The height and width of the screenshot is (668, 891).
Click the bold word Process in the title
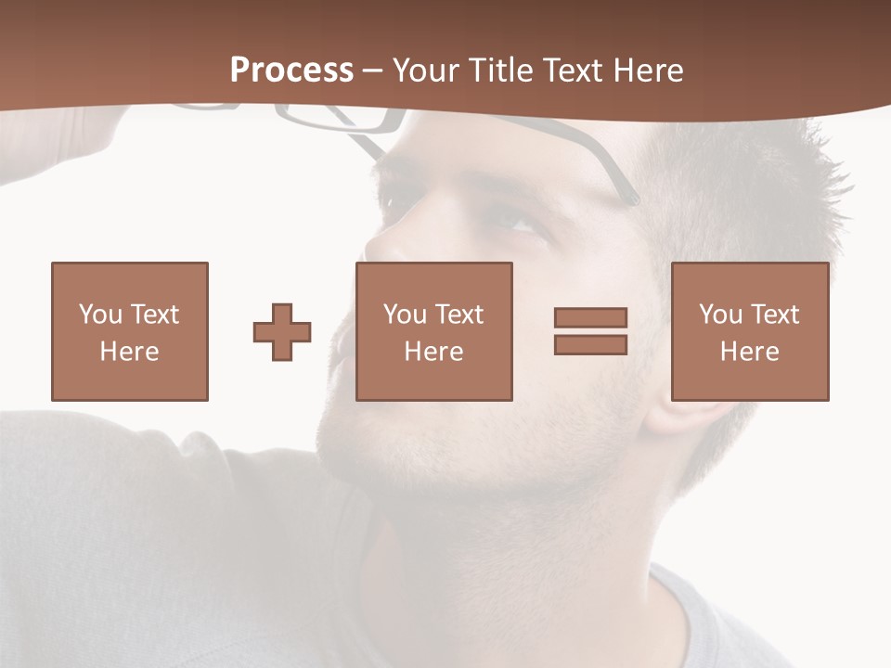click(x=291, y=71)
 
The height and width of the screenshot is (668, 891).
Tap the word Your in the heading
click(x=429, y=71)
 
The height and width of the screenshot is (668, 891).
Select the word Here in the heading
click(x=651, y=71)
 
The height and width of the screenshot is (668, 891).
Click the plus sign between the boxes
click(x=282, y=332)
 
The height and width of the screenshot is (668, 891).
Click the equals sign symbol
click(x=590, y=331)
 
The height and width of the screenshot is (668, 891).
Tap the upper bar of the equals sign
click(x=590, y=318)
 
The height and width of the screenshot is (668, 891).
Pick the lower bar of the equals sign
click(x=590, y=344)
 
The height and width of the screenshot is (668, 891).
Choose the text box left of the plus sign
click(x=129, y=331)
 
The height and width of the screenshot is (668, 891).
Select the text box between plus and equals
click(x=433, y=331)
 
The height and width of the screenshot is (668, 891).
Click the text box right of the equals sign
click(x=749, y=331)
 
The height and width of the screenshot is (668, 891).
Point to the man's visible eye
click(x=515, y=220)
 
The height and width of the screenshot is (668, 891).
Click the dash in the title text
click(x=373, y=71)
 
